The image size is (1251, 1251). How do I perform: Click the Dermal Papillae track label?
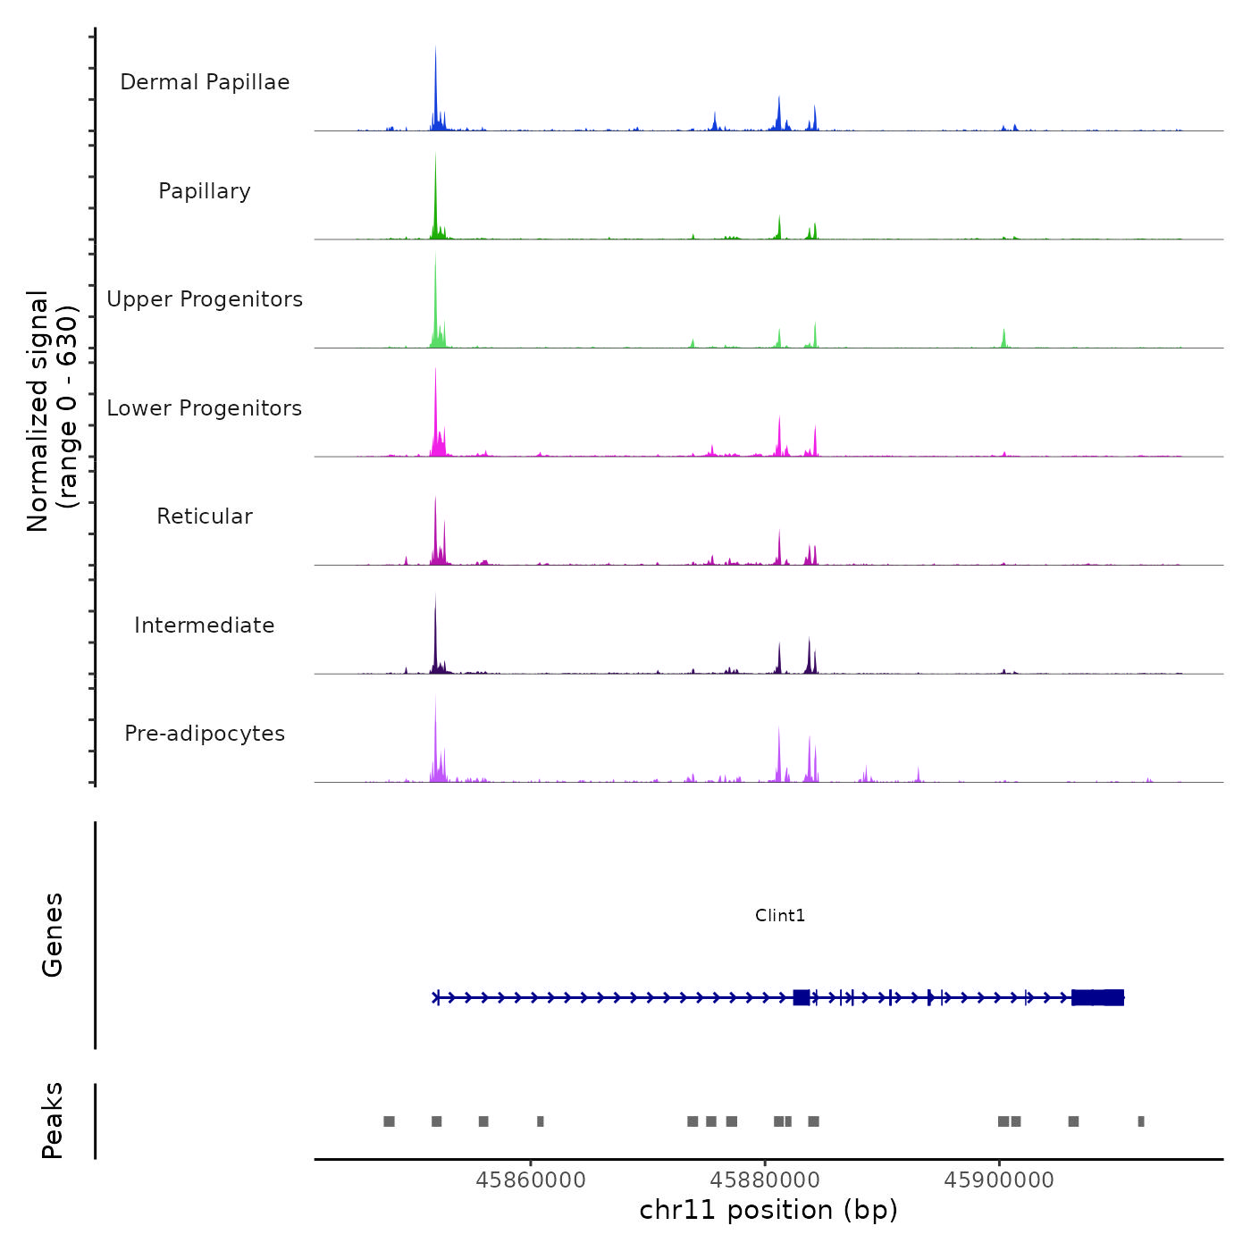click(x=205, y=82)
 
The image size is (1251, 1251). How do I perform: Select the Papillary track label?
click(x=205, y=191)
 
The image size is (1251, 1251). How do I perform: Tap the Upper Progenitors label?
click(x=205, y=299)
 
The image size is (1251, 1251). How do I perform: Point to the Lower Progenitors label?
click(x=205, y=408)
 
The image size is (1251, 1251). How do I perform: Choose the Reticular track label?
click(x=205, y=516)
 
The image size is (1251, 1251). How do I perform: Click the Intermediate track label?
click(x=205, y=625)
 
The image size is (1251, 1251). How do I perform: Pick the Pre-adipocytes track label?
click(x=205, y=734)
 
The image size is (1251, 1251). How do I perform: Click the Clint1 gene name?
click(x=780, y=915)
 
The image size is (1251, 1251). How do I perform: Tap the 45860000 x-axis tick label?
click(x=531, y=1180)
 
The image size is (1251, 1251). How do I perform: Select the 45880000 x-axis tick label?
click(x=765, y=1180)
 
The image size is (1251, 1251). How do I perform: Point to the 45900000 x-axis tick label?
click(x=999, y=1180)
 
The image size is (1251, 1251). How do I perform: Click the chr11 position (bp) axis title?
click(x=768, y=1210)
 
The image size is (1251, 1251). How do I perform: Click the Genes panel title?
click(x=52, y=935)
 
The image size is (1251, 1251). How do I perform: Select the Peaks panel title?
click(x=52, y=1121)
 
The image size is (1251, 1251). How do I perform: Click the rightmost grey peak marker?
click(x=1141, y=1121)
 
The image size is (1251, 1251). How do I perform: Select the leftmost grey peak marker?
click(x=389, y=1121)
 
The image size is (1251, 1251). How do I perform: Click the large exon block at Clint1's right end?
click(x=1097, y=997)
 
